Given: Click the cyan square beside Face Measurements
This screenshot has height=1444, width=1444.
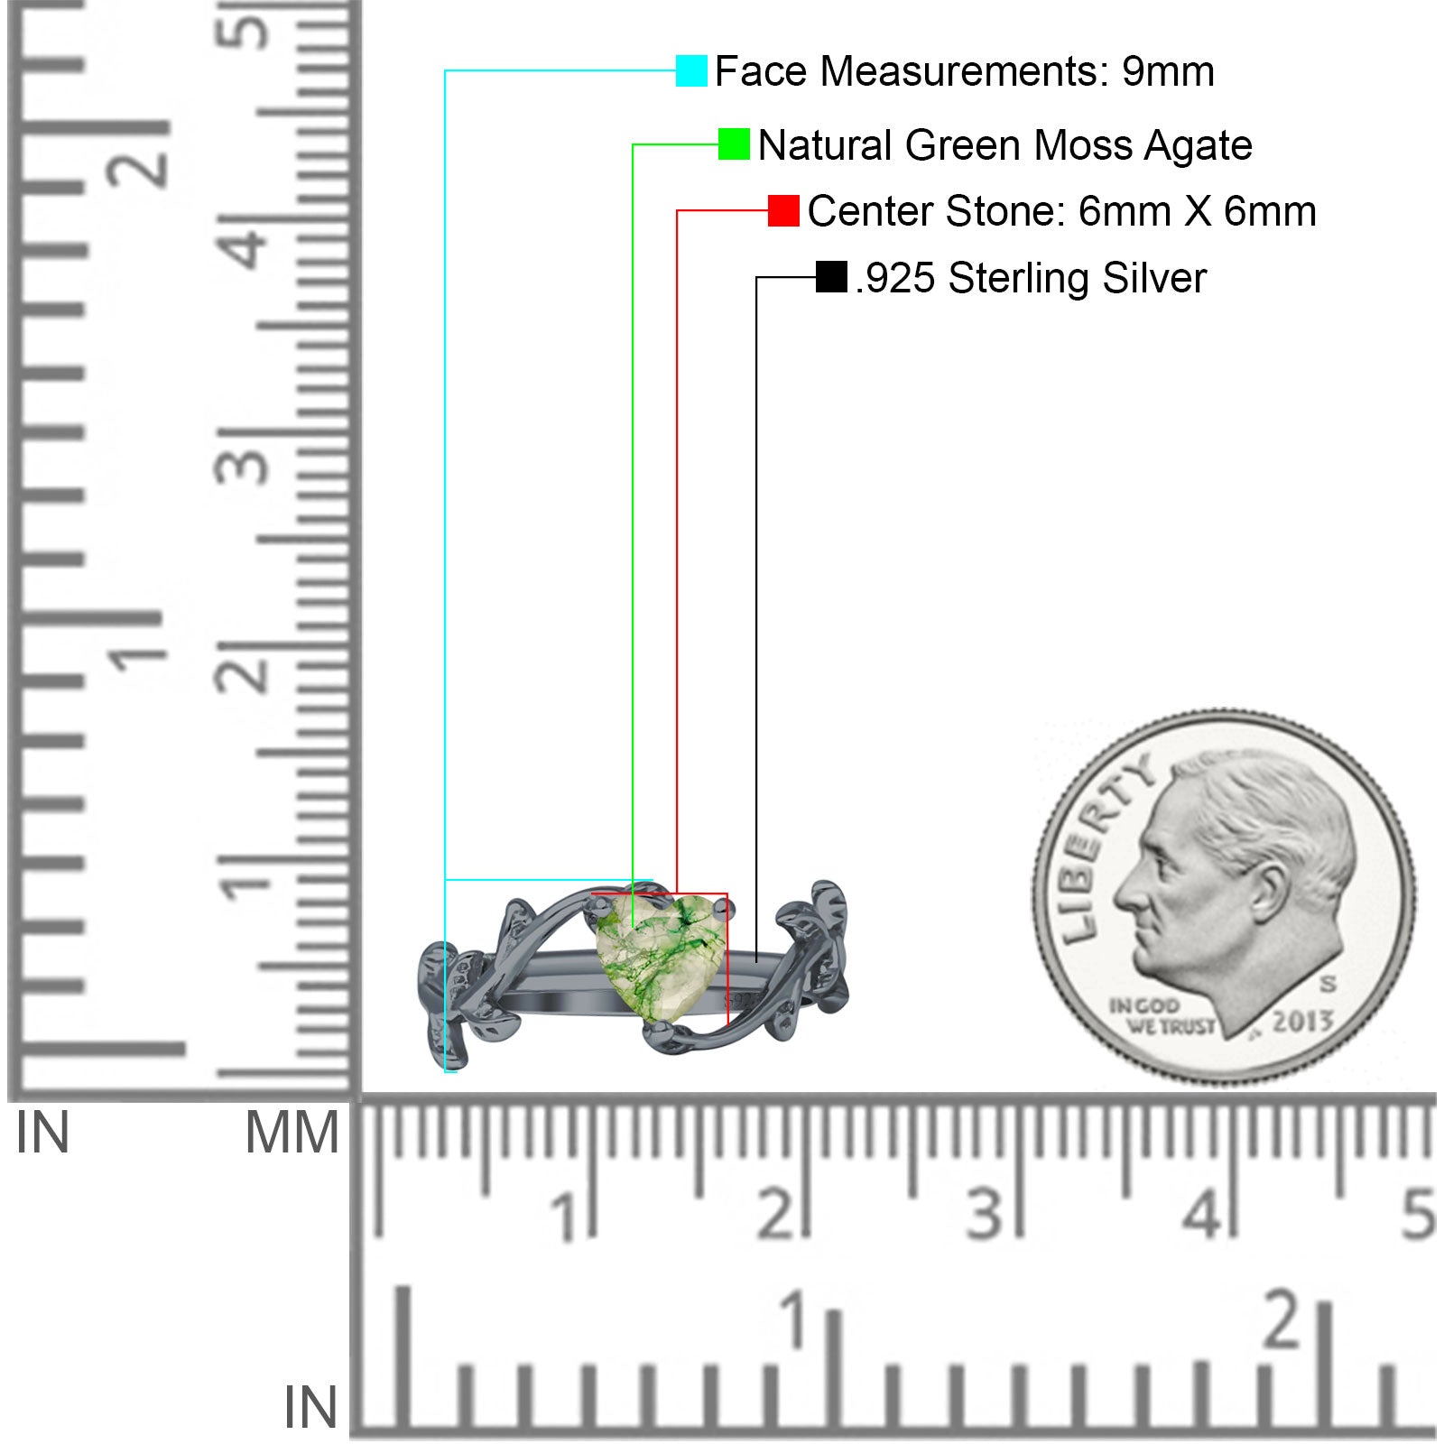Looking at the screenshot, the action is coord(691,70).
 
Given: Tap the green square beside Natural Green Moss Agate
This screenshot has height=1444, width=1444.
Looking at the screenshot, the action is coord(734,144).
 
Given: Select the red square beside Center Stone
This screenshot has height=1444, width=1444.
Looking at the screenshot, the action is coord(783,210).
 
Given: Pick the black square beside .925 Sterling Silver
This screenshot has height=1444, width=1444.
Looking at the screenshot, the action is coord(831,277).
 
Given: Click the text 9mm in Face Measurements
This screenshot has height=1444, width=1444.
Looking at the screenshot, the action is coord(1168,71).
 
